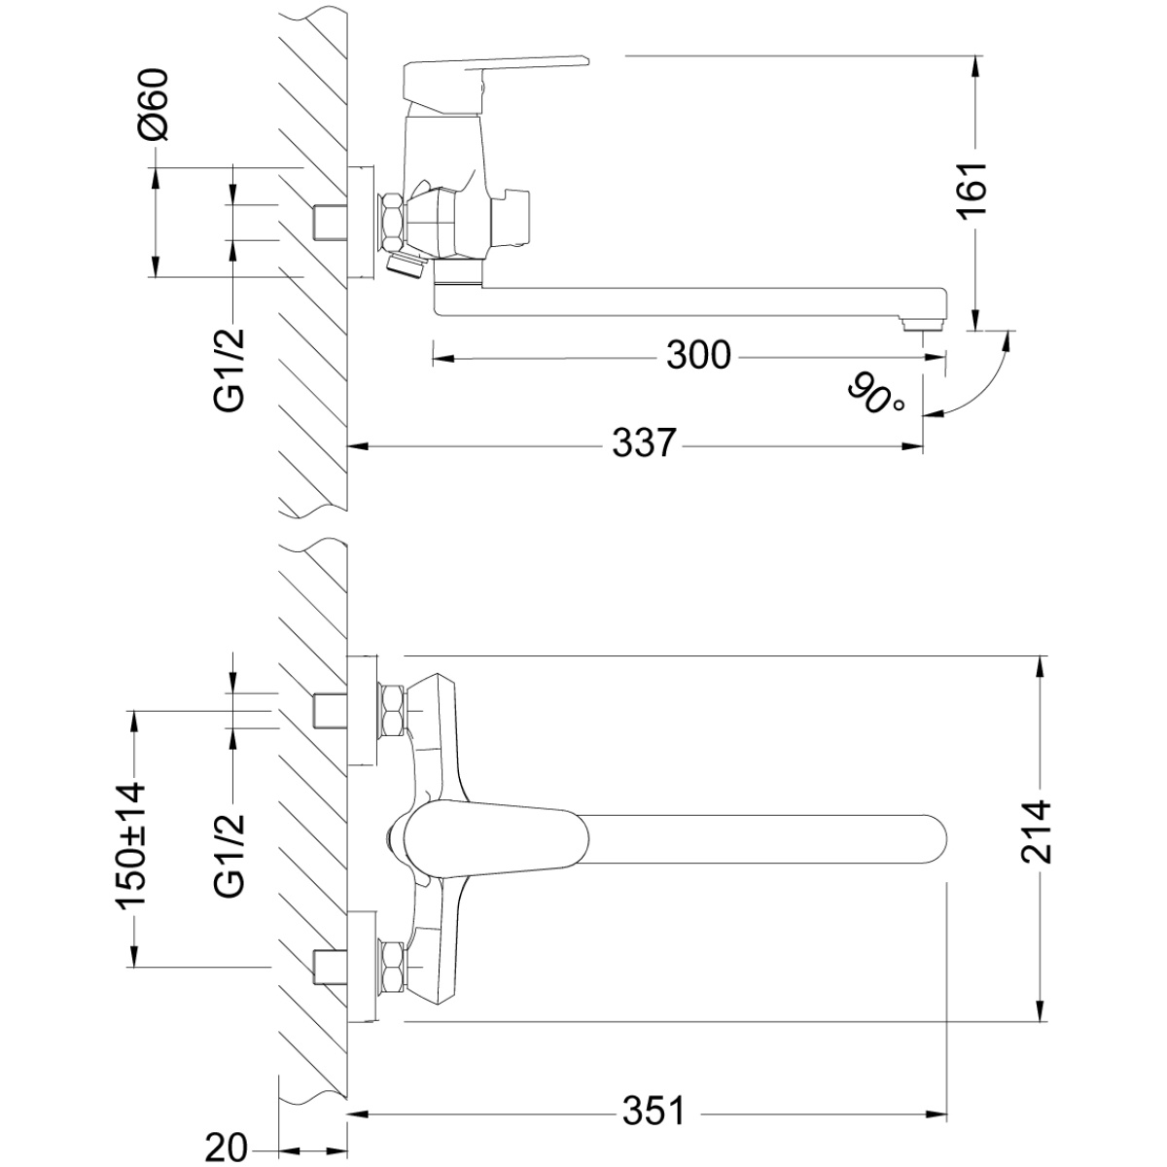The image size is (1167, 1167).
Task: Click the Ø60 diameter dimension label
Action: [153, 103]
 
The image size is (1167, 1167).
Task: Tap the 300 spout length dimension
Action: [699, 355]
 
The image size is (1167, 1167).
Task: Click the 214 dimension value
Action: [1036, 831]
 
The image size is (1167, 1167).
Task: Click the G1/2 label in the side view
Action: [230, 370]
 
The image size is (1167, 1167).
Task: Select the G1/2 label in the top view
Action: [230, 854]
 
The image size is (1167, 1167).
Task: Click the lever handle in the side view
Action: [495, 79]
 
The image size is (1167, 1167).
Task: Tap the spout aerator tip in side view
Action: [922, 325]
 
